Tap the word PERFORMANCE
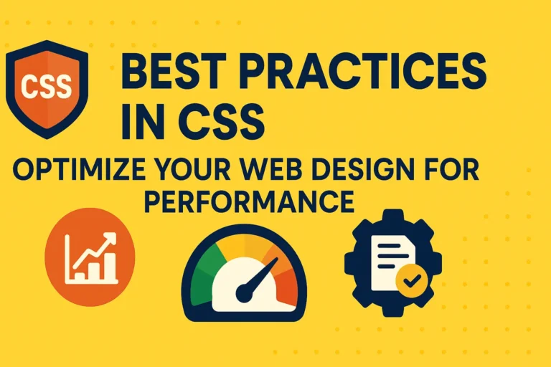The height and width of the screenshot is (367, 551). [x=249, y=202]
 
